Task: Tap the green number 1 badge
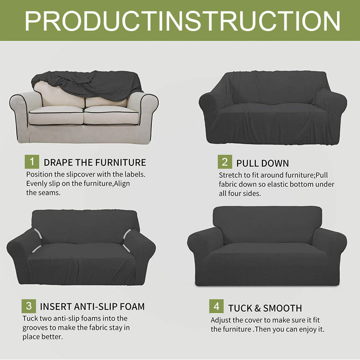click(31, 162)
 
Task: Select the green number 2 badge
click(225, 162)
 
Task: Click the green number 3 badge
click(29, 306)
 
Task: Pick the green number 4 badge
click(216, 307)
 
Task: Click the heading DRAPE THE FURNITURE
click(94, 162)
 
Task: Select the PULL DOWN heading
click(262, 163)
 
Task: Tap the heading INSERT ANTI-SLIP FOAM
click(92, 307)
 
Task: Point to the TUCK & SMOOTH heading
click(265, 308)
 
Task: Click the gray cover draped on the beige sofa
click(85, 83)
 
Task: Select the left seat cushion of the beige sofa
click(56, 115)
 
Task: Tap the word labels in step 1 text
click(134, 174)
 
